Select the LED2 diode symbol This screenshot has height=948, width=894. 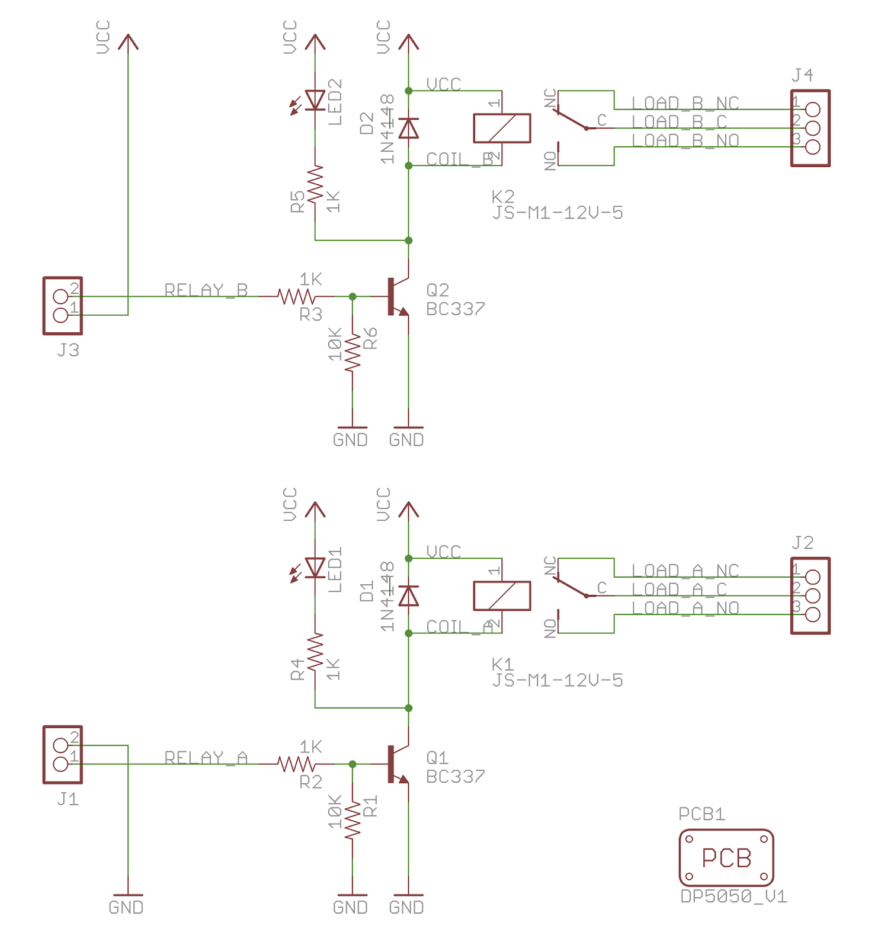[x=315, y=101]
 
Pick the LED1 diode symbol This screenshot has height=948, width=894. [x=315, y=568]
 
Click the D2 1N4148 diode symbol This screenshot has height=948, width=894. [x=408, y=128]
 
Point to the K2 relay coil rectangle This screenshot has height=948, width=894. [x=501, y=128]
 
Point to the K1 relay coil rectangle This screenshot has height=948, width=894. [x=501, y=595]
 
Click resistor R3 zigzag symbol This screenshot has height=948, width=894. [x=296, y=296]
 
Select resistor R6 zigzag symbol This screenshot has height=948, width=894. [x=353, y=353]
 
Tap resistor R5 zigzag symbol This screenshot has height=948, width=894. [x=315, y=184]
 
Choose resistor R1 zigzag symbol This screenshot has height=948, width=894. [x=353, y=820]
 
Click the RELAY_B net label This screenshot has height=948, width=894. [x=206, y=290]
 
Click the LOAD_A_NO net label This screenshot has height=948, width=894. [x=685, y=608]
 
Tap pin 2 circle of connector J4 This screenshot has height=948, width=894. [x=813, y=128]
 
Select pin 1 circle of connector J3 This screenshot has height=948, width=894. [x=60, y=315]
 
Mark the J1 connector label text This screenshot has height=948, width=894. [x=68, y=799]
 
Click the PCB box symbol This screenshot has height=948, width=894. [x=726, y=857]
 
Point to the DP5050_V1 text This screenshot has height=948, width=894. [x=733, y=896]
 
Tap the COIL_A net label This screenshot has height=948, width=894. [x=460, y=627]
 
